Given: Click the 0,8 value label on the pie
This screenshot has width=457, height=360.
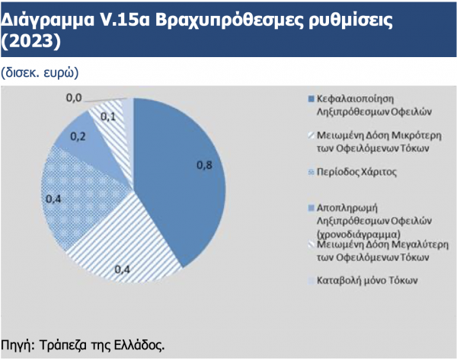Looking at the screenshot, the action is [x=204, y=165].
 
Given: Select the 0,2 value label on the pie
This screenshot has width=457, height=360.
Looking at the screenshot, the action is [x=78, y=136].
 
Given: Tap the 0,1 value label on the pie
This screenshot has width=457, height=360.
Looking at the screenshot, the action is [x=108, y=116].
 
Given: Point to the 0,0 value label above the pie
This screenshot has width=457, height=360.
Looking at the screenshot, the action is [x=74, y=98].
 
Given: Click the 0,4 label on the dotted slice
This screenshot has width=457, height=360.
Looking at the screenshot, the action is [x=53, y=199].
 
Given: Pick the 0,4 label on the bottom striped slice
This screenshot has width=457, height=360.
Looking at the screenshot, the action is [x=122, y=269].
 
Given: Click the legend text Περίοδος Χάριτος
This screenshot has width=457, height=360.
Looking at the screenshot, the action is [x=356, y=172].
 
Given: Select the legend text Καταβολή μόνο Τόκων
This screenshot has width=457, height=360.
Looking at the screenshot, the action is [x=367, y=280].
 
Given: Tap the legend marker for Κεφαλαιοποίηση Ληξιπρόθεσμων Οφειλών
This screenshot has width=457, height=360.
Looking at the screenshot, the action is [x=311, y=99].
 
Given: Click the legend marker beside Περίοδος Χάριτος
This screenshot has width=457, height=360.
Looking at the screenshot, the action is [x=311, y=173].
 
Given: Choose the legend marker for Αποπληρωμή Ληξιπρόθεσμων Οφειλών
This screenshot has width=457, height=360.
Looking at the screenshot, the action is [x=311, y=209].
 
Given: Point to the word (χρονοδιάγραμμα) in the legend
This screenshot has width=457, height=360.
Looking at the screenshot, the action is [x=359, y=234].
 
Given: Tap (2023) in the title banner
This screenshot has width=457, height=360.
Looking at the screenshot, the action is [x=31, y=41].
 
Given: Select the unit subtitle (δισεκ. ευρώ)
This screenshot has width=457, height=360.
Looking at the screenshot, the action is [x=40, y=73].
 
